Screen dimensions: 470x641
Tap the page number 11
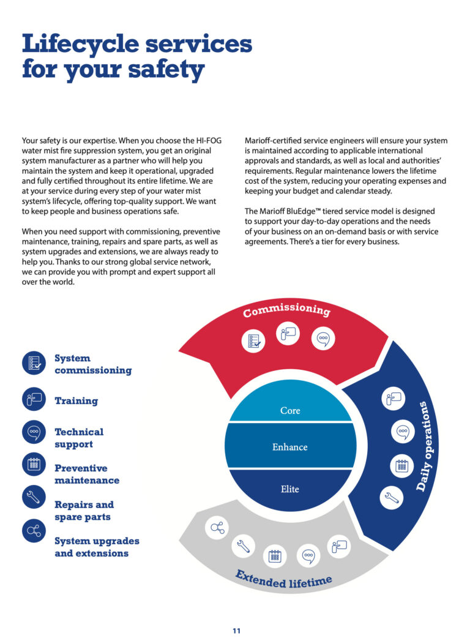pos(237,631)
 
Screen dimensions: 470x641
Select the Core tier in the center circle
pos(290,410)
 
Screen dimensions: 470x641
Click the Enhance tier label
pos(289,447)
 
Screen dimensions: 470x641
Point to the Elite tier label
pos(289,489)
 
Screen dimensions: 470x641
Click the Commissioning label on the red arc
pos(286,310)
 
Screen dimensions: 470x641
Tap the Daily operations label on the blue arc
pos(427,446)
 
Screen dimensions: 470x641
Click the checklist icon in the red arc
pos(253,341)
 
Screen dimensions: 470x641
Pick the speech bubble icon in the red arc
pos(323,339)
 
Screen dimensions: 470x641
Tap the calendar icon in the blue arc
pos(402,466)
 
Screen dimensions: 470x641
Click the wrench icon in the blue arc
pos(392,498)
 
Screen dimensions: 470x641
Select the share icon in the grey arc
pos(217,527)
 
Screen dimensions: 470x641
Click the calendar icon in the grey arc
pos(275,556)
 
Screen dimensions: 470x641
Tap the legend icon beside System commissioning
pos(34,363)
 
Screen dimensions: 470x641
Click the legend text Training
pos(76,400)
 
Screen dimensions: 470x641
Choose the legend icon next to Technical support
pos(34,432)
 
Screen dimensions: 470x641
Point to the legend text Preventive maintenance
pos(87,474)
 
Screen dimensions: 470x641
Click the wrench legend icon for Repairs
pos(34,497)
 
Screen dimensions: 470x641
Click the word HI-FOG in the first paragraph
pos(209,141)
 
